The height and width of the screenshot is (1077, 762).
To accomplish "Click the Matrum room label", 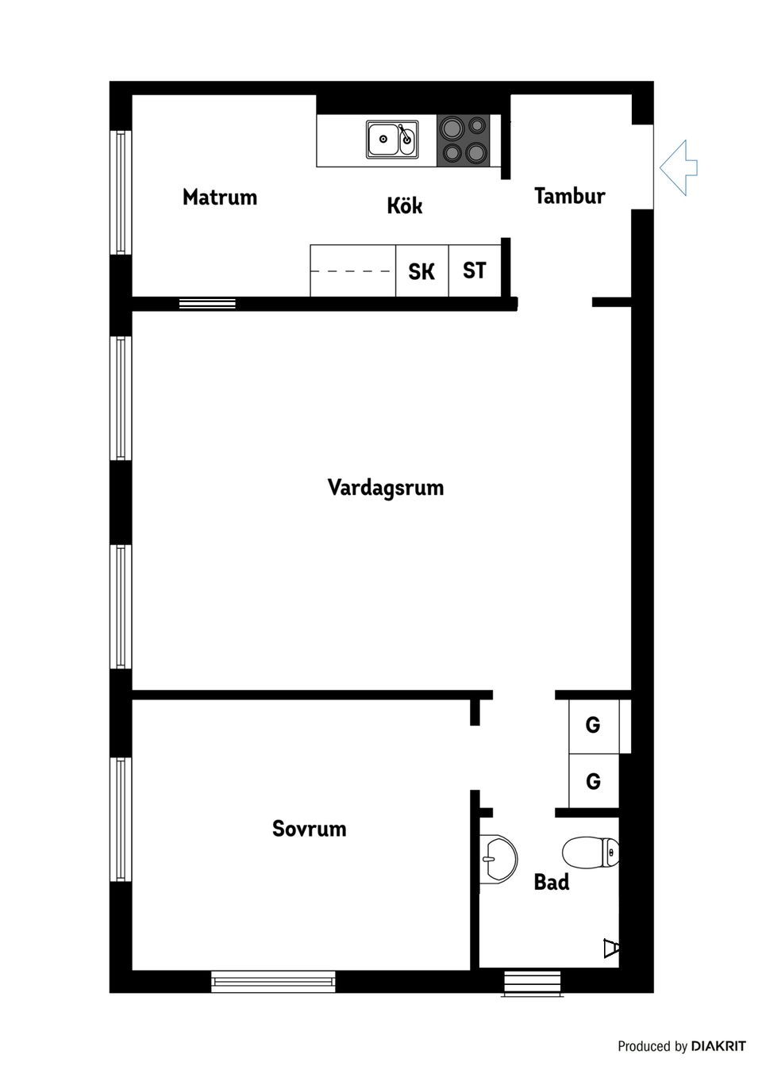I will [x=220, y=197].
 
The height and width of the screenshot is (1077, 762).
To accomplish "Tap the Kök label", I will [x=404, y=205].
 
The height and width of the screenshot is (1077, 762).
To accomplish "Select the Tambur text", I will [x=569, y=196].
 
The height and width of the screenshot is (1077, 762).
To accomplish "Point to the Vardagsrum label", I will [x=385, y=487].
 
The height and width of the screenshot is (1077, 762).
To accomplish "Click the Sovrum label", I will [x=309, y=829].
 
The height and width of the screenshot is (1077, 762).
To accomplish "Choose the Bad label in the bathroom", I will [x=551, y=882].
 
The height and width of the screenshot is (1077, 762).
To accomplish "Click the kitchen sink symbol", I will [x=392, y=140].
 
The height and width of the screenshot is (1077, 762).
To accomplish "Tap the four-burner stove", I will [x=464, y=140].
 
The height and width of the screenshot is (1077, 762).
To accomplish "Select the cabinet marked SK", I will [x=421, y=271].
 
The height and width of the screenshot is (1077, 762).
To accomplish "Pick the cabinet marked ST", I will [x=474, y=271].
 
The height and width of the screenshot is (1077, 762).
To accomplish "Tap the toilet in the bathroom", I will [x=591, y=853].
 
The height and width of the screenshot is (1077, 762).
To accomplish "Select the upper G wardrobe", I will [x=593, y=725].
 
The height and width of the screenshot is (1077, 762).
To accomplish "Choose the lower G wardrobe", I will [x=593, y=781].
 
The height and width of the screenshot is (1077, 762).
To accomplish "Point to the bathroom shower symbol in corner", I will [x=610, y=948].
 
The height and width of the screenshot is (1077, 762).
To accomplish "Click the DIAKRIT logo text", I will [x=718, y=1046].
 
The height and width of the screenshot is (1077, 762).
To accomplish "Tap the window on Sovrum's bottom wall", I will [x=273, y=982].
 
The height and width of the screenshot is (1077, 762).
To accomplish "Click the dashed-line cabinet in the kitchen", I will [x=352, y=271].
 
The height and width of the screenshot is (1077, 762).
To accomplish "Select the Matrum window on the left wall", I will [x=121, y=192].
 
